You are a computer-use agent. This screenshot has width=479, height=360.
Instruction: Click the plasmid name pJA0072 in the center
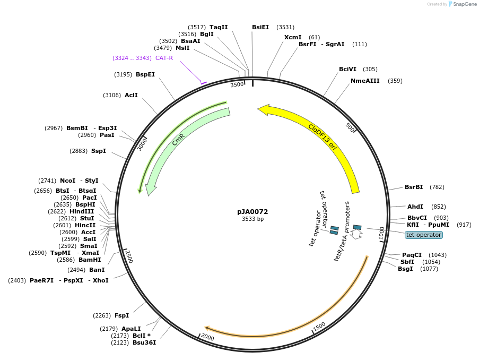pyautogui.click(x=252, y=212)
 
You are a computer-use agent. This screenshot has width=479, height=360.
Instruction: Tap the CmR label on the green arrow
pyautogui.click(x=178, y=140)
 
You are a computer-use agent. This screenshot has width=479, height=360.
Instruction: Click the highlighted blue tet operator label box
pyautogui.click(x=424, y=235)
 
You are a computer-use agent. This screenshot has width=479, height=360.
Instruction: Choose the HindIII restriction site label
pyautogui.click(x=82, y=211)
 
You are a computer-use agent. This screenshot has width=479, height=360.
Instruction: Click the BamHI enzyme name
pyautogui.click(x=90, y=260)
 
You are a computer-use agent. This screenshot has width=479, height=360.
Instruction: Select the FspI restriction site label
pyautogui.click(x=121, y=315)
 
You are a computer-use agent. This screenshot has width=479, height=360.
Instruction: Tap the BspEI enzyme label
pyautogui.click(x=145, y=74)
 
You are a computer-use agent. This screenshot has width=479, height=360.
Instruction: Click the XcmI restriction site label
pyautogui.click(x=293, y=37)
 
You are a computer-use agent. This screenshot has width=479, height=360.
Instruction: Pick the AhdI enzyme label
pyautogui.click(x=415, y=207)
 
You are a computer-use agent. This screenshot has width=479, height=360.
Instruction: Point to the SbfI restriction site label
pyautogui.click(x=407, y=262)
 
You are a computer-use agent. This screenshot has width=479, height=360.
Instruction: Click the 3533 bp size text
pyautogui.click(x=252, y=219)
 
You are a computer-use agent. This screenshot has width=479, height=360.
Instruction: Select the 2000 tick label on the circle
pyautogui.click(x=208, y=337)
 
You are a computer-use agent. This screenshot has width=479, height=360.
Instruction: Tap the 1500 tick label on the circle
pyautogui.click(x=319, y=326)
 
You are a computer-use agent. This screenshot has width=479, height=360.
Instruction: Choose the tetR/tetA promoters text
pyautogui.click(x=342, y=231)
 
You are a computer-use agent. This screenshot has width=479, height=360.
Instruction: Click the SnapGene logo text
pyautogui.click(x=464, y=4)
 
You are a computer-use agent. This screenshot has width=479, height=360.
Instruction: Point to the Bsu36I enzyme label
pyautogui.click(x=144, y=342)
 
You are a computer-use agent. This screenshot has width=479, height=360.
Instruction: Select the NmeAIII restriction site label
pyautogui.click(x=365, y=81)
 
